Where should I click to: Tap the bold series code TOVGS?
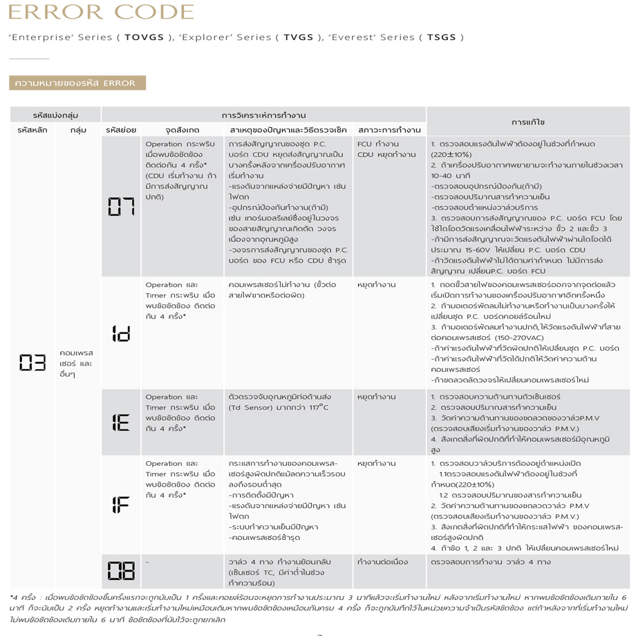144,37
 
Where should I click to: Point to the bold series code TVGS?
298,37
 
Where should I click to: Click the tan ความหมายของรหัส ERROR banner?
77,83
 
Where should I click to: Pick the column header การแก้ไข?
527,122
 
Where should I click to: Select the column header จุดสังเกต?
183,130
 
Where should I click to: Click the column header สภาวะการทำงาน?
389,130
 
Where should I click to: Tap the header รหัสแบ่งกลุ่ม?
55,115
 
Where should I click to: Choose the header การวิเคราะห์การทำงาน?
263,115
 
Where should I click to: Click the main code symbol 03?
32,363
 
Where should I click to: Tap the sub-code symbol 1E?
120,422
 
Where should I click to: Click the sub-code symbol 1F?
120,505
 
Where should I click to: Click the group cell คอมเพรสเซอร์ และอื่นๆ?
77,363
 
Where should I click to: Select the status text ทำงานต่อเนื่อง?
382,562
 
